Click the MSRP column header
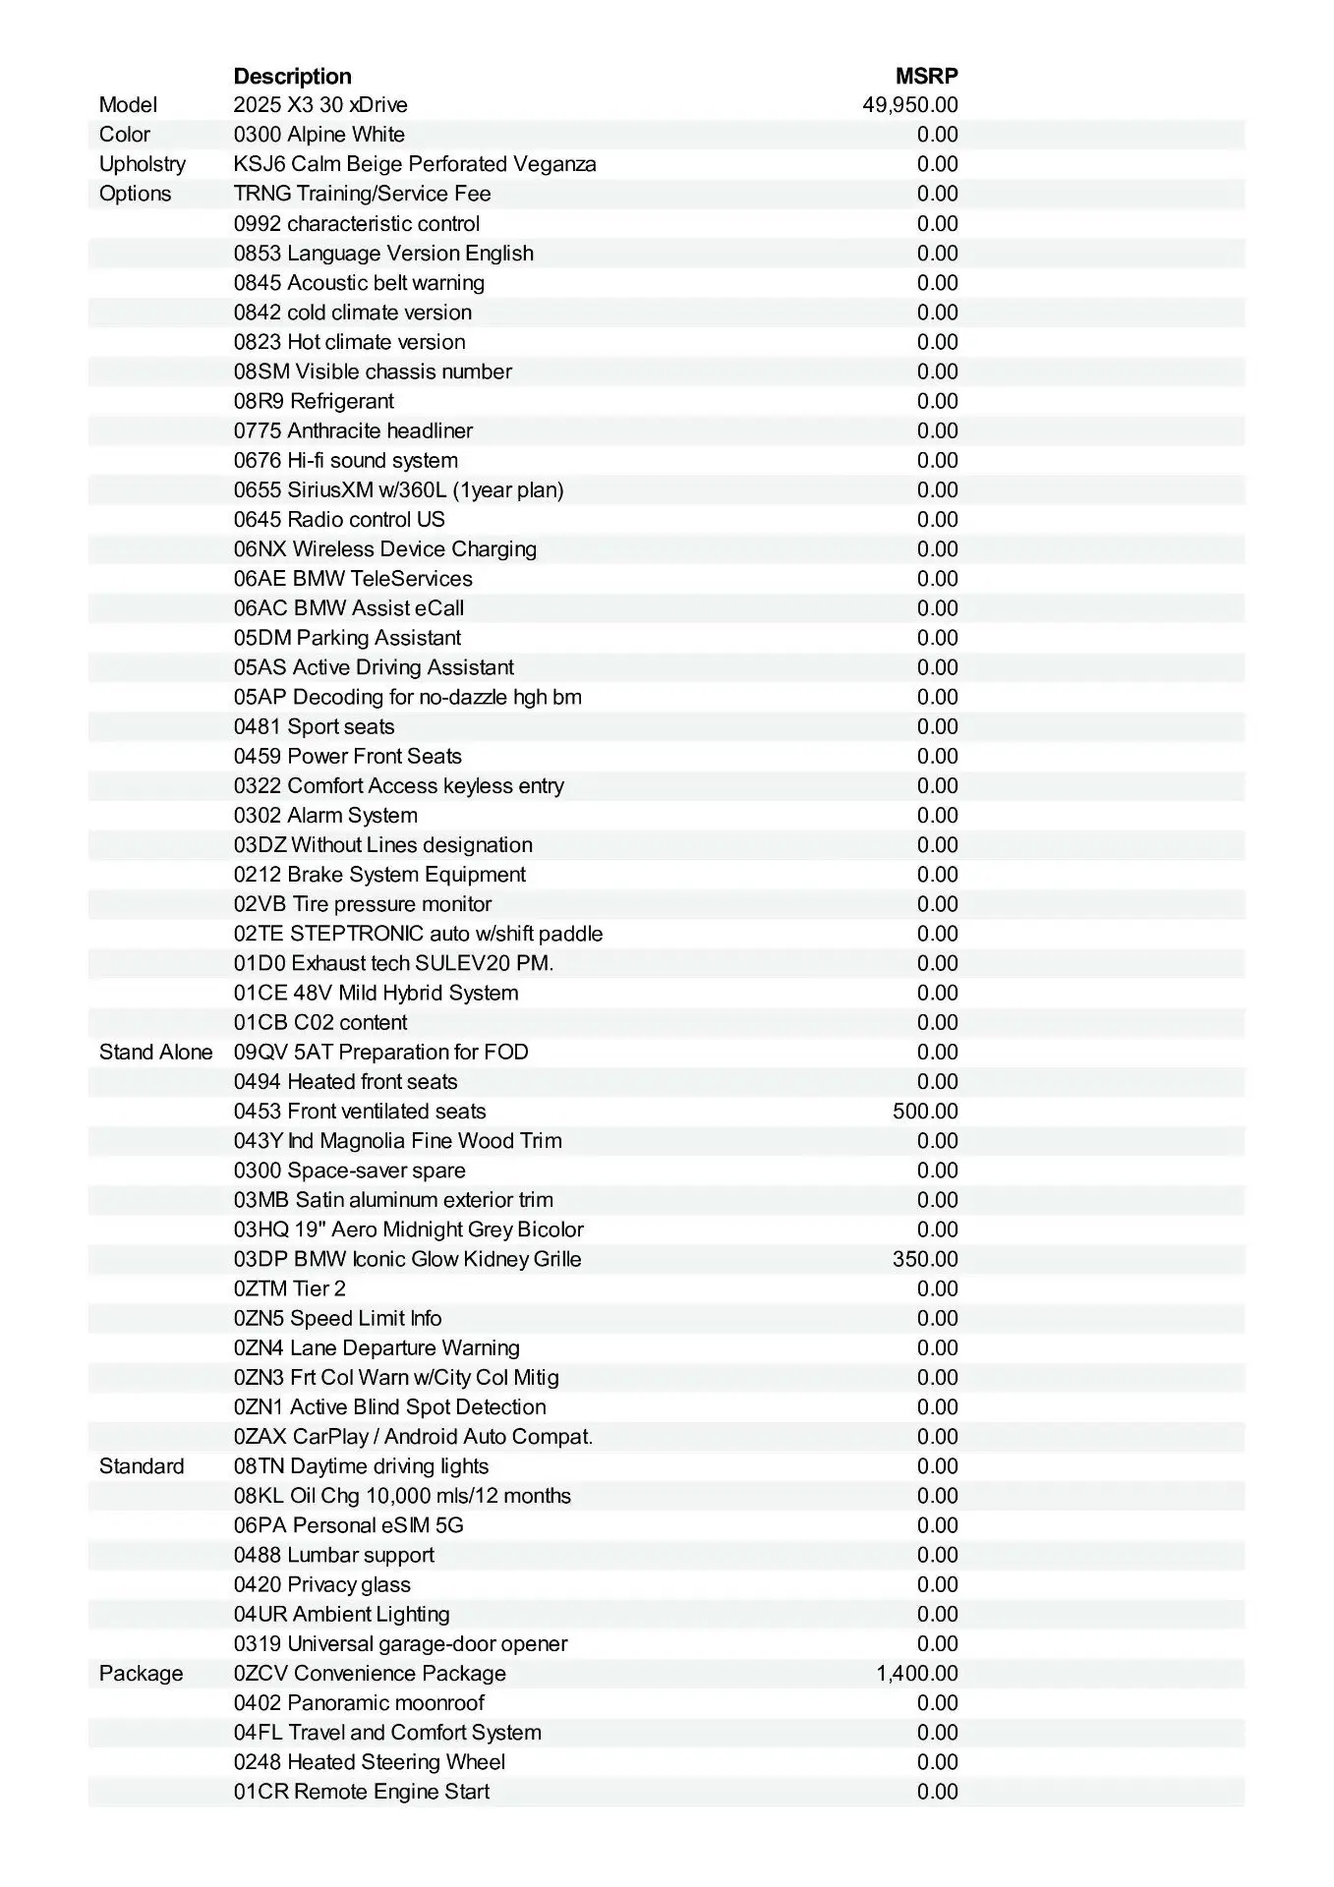[926, 76]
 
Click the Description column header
[292, 76]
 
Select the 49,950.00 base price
[909, 105]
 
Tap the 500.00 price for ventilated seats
[924, 1112]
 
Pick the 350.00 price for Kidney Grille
[924, 1259]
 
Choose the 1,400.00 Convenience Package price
[916, 1674]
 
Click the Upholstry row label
[142, 164]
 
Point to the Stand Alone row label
[155, 1053]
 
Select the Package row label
[141, 1674]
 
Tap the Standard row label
[142, 1466]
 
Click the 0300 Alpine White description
[319, 135]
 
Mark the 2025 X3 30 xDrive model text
[320, 105]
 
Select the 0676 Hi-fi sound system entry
[345, 461]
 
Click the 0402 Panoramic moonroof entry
[359, 1703]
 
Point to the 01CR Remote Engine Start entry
[361, 1792]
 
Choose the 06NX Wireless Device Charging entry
[384, 549]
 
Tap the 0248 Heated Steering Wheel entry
[369, 1762]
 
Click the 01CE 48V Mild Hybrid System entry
[376, 993]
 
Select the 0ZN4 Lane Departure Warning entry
[377, 1348]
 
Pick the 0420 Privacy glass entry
[321, 1584]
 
